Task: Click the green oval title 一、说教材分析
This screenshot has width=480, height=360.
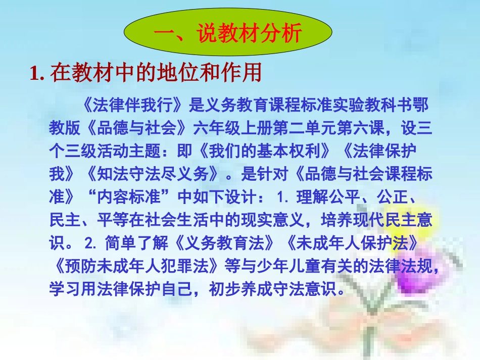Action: [228, 34]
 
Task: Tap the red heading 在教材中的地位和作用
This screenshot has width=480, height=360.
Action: [156, 74]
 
